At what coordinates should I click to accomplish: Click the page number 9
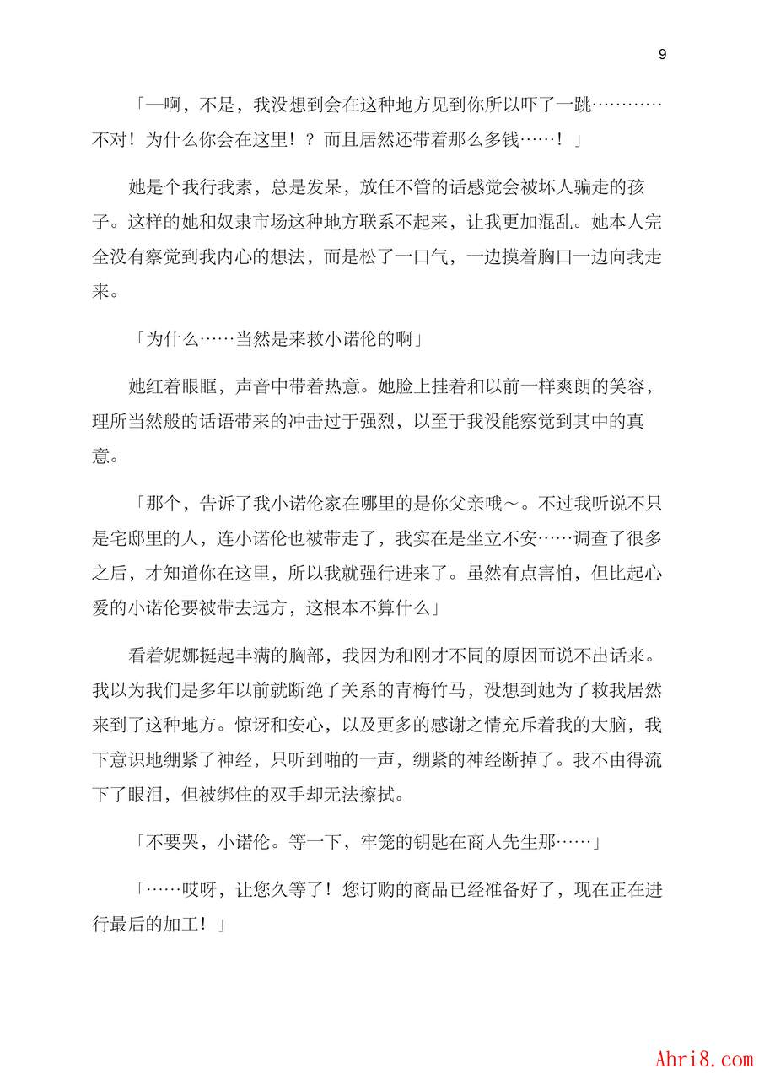(662, 55)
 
